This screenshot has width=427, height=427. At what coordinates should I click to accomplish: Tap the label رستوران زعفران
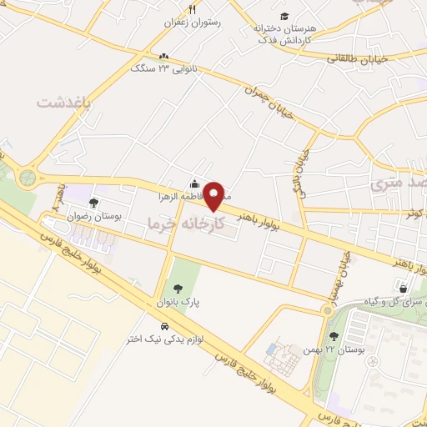[193, 25]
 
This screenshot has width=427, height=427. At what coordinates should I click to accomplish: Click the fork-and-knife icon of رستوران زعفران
[193, 10]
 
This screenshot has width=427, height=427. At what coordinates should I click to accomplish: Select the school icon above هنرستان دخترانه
[284, 16]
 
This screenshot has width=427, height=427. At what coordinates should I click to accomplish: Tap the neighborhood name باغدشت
[62, 101]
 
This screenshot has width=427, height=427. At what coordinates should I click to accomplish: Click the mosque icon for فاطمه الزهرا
[194, 184]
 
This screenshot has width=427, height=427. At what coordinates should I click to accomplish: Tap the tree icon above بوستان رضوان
[93, 203]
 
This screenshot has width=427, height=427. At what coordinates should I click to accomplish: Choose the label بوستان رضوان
[94, 216]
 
